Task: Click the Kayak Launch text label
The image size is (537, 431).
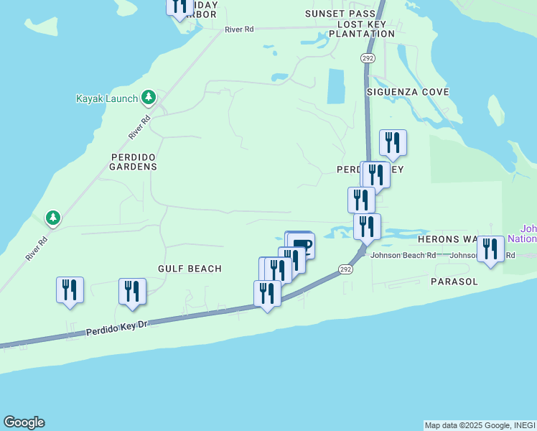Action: tap(106, 98)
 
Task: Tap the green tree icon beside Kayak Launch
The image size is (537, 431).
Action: tap(148, 97)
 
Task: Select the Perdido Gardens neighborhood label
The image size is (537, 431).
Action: tap(133, 162)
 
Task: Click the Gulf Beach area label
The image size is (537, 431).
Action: tap(190, 269)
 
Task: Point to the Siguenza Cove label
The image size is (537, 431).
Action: tap(408, 92)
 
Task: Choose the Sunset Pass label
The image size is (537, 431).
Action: tap(340, 14)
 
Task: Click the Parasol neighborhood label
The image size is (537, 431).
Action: tap(454, 282)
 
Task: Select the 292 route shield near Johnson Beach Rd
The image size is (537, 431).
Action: tap(346, 269)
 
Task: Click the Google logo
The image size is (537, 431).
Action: tap(24, 422)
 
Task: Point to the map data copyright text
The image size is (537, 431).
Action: tap(480, 425)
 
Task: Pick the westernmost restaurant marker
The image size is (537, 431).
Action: tap(70, 290)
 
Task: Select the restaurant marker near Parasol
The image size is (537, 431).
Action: tap(491, 249)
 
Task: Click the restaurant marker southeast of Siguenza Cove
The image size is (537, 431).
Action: tap(393, 143)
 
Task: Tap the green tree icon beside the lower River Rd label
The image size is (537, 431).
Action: tap(52, 217)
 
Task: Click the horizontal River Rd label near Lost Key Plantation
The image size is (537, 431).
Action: tap(239, 29)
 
